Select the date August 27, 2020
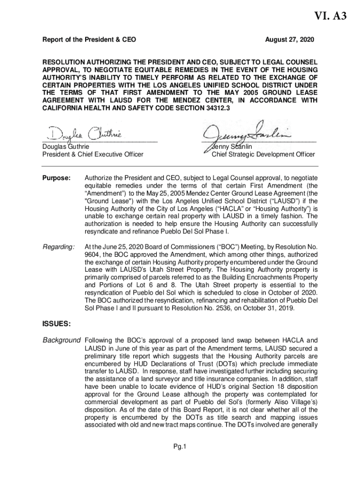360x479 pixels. point(289,40)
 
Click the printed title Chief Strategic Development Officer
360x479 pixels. point(263,154)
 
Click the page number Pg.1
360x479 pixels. point(180,447)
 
